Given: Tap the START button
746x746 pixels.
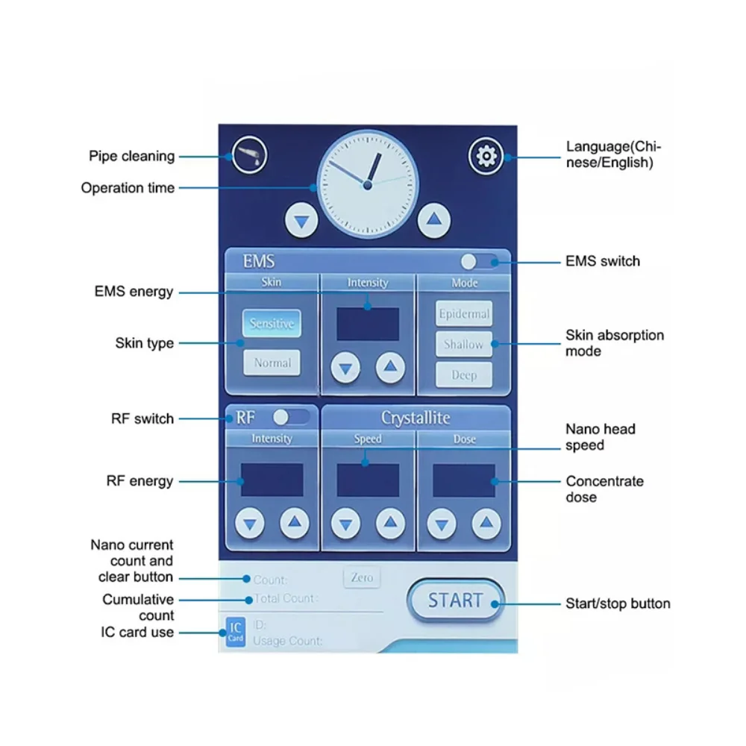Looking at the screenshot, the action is pos(455,601).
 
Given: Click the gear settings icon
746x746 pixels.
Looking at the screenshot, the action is pos(486,156).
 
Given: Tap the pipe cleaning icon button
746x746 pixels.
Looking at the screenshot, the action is pos(249,156).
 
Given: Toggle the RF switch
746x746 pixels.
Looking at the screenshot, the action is pos(291,417).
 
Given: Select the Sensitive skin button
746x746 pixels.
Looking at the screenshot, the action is pos(272,324).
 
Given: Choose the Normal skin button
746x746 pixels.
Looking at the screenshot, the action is pos(272,363).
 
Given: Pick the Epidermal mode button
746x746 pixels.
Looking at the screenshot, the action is pos(464,314).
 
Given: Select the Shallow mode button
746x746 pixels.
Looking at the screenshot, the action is pos(464,345).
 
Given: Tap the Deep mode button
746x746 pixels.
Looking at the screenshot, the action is pos(464,374).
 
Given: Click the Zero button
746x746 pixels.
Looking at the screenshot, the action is pos(362,577).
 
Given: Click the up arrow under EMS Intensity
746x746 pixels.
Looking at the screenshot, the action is pos(389,367).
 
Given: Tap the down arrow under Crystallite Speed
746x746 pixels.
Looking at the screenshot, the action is pos(345,524).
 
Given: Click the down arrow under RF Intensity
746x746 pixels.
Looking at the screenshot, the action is pos(249,524).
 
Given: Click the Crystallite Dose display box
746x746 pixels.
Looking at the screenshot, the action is pos(464,480).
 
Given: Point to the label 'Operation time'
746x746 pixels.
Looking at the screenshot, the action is pos(128,188).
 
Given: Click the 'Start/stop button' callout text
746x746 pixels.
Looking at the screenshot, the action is pos(618,604).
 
